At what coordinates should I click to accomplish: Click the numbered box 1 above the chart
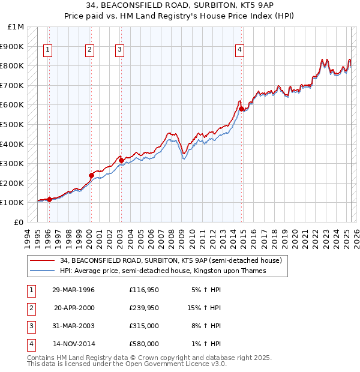click(47, 50)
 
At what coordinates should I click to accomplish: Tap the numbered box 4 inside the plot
click(239, 50)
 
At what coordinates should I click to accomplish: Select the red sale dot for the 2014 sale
click(241, 109)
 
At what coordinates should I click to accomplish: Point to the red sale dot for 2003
click(121, 160)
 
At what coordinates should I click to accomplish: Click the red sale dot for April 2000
click(91, 175)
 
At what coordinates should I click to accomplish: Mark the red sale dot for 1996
click(49, 199)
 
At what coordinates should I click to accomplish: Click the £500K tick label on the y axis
click(12, 124)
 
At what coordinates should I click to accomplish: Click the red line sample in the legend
click(42, 260)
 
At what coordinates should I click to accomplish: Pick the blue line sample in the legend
click(42, 271)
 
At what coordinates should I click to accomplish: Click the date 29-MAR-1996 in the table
click(73, 290)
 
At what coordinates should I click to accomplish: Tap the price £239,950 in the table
click(144, 308)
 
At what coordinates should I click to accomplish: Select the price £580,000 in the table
click(144, 344)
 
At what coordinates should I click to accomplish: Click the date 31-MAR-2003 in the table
click(73, 326)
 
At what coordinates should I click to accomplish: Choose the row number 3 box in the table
click(30, 326)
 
